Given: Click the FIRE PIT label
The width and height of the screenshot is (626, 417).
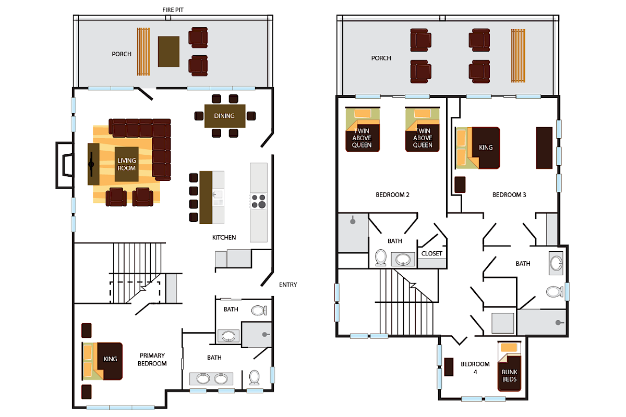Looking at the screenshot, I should [173, 10].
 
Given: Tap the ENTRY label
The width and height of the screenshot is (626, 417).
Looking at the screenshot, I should [288, 285].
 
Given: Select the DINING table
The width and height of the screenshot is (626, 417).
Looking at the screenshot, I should [224, 116].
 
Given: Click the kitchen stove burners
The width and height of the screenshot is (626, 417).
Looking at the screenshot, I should [258, 201].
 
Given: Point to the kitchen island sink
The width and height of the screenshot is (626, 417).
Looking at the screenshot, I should [218, 194].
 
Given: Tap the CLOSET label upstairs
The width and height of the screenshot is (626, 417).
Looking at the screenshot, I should [432, 254].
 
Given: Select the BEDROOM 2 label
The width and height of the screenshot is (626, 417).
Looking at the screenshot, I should [392, 195].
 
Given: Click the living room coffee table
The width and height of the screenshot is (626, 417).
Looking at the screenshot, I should [126, 164].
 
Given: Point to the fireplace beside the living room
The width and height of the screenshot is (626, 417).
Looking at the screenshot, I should [65, 165].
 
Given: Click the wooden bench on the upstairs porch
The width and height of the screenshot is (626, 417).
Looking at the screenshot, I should [517, 55].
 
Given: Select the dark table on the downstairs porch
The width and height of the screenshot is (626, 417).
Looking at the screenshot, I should [168, 51].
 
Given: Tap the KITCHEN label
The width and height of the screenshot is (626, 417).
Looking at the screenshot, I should [224, 238].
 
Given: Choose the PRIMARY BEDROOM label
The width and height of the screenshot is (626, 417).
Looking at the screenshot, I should [153, 360].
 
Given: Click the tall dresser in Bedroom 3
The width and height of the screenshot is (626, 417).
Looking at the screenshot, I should [544, 148].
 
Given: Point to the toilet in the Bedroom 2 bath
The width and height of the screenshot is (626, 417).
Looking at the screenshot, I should [381, 257].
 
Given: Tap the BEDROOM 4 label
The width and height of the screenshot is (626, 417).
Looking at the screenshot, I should [475, 368].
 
